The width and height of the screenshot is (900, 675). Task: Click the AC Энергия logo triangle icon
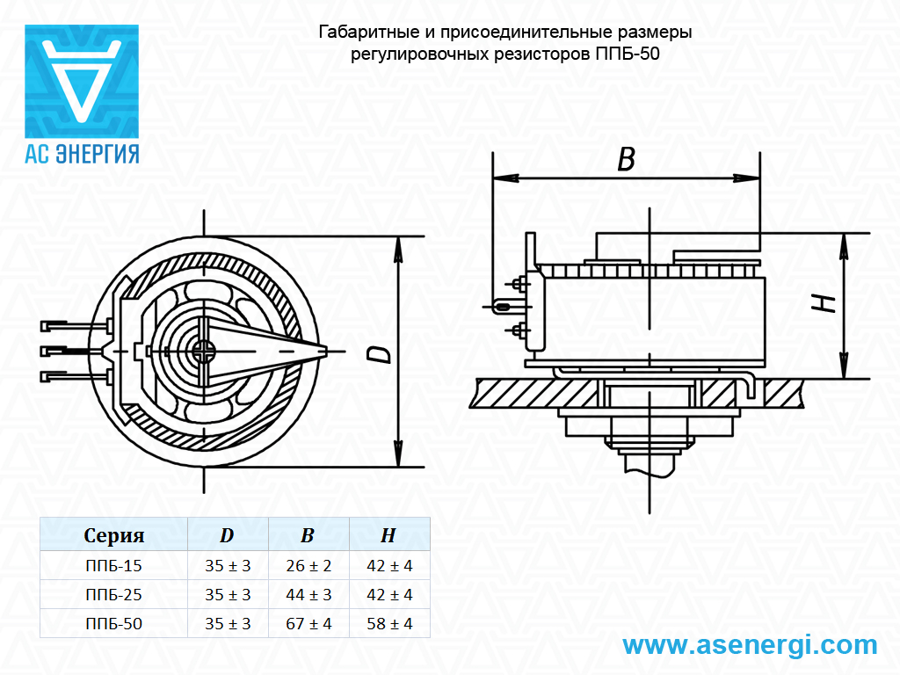(x=82, y=81)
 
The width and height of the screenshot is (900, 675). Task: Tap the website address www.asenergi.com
(x=751, y=645)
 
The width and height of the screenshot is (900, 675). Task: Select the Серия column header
(x=113, y=535)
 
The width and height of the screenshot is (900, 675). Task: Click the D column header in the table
(x=228, y=535)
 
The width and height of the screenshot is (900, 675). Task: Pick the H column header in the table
(x=388, y=535)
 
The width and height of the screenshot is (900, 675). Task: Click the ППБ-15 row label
(x=113, y=566)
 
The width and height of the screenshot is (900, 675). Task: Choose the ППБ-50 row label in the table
(x=113, y=624)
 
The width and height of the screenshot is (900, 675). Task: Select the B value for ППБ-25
(x=308, y=595)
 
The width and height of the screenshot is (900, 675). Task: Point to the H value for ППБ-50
(x=389, y=624)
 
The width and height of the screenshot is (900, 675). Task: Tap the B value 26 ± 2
(x=308, y=566)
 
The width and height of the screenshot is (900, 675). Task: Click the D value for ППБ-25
(x=228, y=595)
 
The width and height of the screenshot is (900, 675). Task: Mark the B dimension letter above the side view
(x=626, y=159)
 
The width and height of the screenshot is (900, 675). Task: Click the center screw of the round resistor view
(x=203, y=352)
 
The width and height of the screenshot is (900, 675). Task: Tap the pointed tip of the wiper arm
(x=327, y=352)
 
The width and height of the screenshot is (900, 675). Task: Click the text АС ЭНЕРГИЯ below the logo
(x=82, y=154)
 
